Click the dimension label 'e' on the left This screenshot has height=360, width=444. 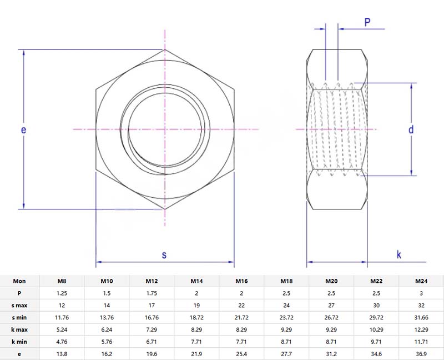click(23, 129)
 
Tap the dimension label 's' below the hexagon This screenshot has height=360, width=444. click(164, 254)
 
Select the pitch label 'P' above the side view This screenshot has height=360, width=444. click(367, 22)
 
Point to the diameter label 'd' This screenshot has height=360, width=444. click(411, 129)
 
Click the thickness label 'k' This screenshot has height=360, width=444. click(399, 254)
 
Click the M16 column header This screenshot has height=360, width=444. click(241, 281)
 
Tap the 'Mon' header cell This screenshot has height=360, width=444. click(19, 281)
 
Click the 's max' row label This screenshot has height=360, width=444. click(19, 305)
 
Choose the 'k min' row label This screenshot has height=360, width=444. click(19, 341)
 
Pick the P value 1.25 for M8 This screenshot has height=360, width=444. click(62, 293)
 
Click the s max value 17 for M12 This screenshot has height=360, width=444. click(152, 305)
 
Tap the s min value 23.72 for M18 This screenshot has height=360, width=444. click(286, 317)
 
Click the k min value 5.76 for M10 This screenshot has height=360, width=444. click(107, 341)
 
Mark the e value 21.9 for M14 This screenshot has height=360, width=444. click(196, 353)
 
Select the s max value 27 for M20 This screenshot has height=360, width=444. click(331, 305)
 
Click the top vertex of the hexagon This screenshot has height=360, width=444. click(164, 49)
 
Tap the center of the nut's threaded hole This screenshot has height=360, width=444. click(164, 129)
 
